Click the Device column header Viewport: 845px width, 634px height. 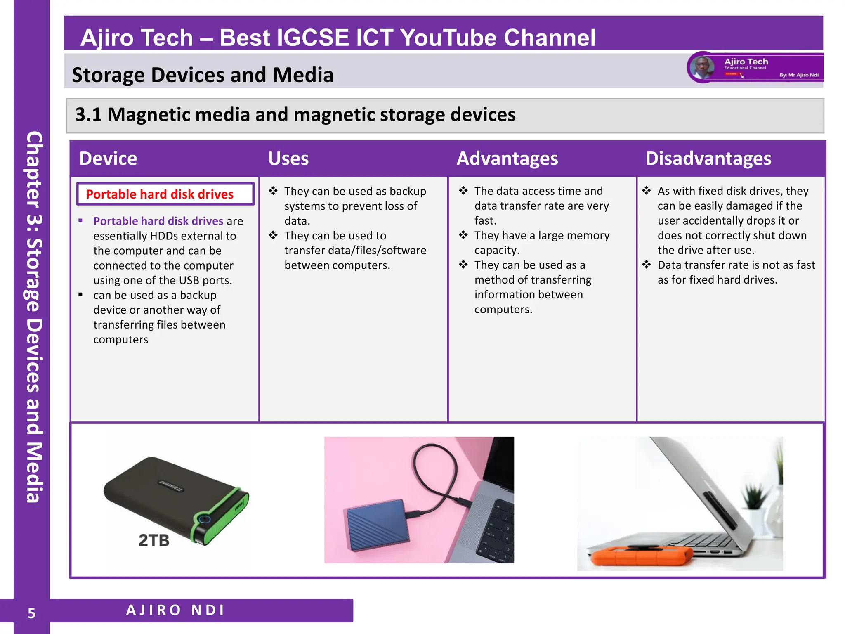pos(108,158)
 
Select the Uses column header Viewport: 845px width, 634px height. pos(288,158)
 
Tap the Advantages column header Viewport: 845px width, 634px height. pos(507,158)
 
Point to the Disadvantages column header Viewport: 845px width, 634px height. pos(708,158)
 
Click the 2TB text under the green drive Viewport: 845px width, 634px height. pos(154,540)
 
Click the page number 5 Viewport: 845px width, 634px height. pos(31,613)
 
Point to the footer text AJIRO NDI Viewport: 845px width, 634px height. pos(175,610)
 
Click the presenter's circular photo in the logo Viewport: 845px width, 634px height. pos(702,67)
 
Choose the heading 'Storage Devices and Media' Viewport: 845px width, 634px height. pos(203,75)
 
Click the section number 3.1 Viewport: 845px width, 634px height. pos(88,115)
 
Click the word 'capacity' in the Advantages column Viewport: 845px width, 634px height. pos(496,250)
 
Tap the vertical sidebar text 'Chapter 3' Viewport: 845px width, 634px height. pos(34,182)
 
